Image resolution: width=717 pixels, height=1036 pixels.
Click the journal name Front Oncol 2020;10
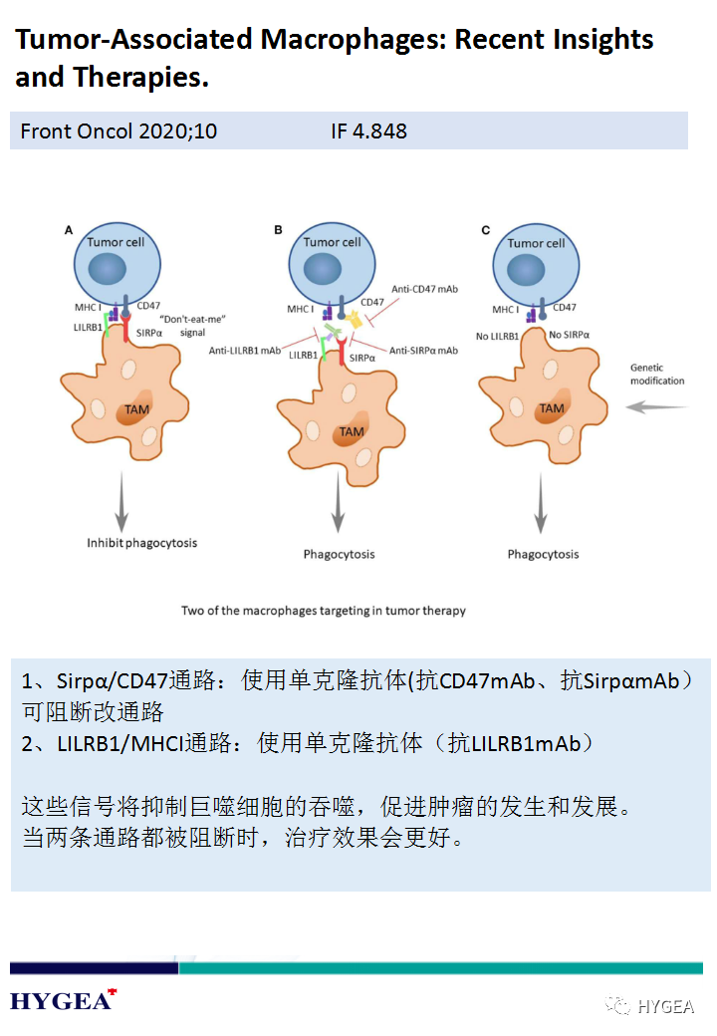(x=119, y=131)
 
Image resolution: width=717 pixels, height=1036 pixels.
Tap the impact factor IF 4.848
(x=368, y=131)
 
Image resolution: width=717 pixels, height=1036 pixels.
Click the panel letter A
(x=69, y=230)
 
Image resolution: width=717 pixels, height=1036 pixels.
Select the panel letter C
(x=486, y=230)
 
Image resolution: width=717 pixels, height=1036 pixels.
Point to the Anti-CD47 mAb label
(x=425, y=289)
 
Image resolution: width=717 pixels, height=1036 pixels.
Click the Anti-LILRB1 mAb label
(x=245, y=350)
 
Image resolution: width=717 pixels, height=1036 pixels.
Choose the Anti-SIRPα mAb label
(x=423, y=350)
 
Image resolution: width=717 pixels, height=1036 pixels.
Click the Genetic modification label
(x=657, y=375)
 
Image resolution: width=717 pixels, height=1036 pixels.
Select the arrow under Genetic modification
(x=656, y=406)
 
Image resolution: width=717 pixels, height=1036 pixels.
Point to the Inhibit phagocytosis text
(x=141, y=543)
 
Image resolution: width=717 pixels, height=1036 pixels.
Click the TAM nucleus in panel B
(x=351, y=430)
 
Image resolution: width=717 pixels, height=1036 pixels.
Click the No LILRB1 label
(x=497, y=336)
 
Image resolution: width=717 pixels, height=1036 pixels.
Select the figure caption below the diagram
(x=323, y=611)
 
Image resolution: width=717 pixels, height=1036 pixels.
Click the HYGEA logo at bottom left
(x=62, y=1000)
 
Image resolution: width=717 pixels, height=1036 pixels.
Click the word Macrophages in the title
(x=352, y=40)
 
